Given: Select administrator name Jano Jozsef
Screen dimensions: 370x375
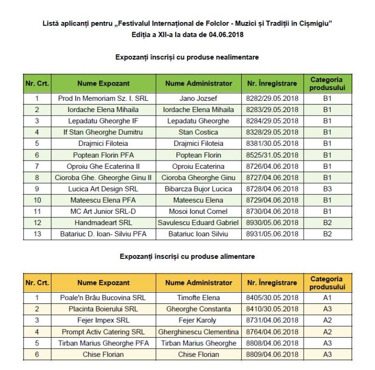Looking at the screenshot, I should tap(198, 98).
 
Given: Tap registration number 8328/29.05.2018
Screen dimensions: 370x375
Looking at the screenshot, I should tap(272, 132).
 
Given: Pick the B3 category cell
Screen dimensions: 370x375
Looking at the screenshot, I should tap(327, 189).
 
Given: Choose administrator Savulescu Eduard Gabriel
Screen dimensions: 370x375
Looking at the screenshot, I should tap(198, 223).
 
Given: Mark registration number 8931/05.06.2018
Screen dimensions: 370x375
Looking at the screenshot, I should tap(272, 234).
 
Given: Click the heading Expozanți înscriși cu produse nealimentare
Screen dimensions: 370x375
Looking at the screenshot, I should tap(187, 57).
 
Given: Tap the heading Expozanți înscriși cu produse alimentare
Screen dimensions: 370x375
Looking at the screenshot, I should tap(187, 256).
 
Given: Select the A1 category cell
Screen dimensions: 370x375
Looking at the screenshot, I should tap(327, 298).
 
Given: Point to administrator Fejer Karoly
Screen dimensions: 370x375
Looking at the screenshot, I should tap(198, 320).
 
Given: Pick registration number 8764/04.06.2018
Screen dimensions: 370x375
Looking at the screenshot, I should tap(272, 332).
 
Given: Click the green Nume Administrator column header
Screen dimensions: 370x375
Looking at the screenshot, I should tap(198, 83).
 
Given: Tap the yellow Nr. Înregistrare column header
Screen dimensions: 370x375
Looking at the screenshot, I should tap(272, 282).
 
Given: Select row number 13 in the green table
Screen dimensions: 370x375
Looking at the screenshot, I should tap(37, 234).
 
